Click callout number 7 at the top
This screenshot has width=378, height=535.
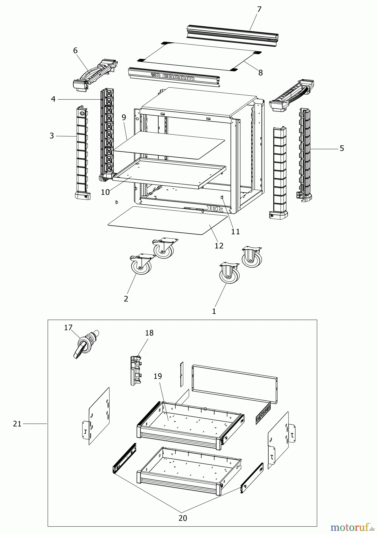tap(259, 9)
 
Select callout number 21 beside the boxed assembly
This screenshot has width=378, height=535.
tap(17, 424)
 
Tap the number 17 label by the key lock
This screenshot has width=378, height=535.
tap(68, 328)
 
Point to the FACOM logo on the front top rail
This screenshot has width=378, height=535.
tap(175, 77)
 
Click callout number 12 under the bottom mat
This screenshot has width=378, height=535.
tap(219, 246)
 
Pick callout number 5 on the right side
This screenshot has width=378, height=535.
tap(342, 148)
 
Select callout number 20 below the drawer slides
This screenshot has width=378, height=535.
tap(183, 518)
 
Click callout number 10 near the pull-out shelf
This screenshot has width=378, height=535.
tap(105, 192)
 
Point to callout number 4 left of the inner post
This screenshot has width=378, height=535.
tap(53, 99)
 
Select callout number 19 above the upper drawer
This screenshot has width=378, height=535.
tap(158, 376)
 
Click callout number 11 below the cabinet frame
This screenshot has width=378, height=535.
tap(235, 231)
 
